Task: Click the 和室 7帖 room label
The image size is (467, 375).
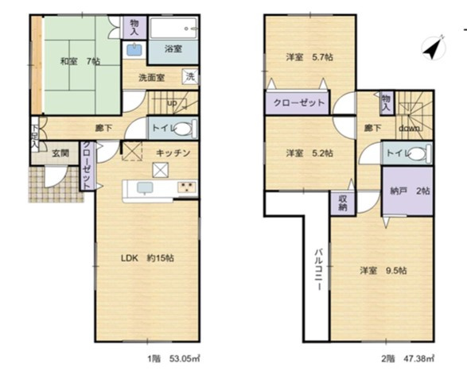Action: (x=80, y=61)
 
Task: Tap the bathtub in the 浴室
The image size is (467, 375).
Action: (x=173, y=28)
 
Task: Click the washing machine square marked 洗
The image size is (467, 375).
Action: (x=190, y=77)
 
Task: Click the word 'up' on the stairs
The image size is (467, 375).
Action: (x=172, y=103)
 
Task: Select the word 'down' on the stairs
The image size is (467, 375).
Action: (x=410, y=129)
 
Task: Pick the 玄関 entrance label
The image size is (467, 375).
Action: (x=60, y=153)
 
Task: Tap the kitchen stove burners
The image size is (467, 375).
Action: (x=187, y=187)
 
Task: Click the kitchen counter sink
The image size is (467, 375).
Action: (x=145, y=188)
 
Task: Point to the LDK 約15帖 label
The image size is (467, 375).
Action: (x=147, y=258)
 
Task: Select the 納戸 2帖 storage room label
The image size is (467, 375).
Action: (x=410, y=191)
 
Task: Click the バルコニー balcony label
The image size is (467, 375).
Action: (x=319, y=269)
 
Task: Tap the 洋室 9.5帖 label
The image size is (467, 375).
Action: (x=383, y=271)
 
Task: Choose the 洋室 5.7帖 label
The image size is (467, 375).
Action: (x=309, y=56)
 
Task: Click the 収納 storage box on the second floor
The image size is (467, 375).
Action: (x=343, y=203)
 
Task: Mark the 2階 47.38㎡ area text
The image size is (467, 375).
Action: (x=407, y=358)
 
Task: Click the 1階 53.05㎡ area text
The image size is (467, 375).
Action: (x=173, y=358)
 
